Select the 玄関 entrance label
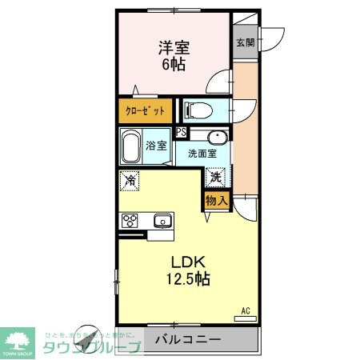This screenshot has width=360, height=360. point(244,43)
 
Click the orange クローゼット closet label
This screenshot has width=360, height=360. point(146,109)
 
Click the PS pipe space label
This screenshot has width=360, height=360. point(181,133)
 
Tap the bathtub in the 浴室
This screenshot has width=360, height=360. point(132,146)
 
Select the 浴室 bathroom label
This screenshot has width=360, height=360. point(157,146)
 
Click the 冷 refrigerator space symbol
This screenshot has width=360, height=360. point(129,181)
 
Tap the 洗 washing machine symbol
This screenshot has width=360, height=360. point(216,177)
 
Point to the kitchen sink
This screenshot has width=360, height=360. point(163,220)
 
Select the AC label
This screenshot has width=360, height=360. point(245,310)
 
